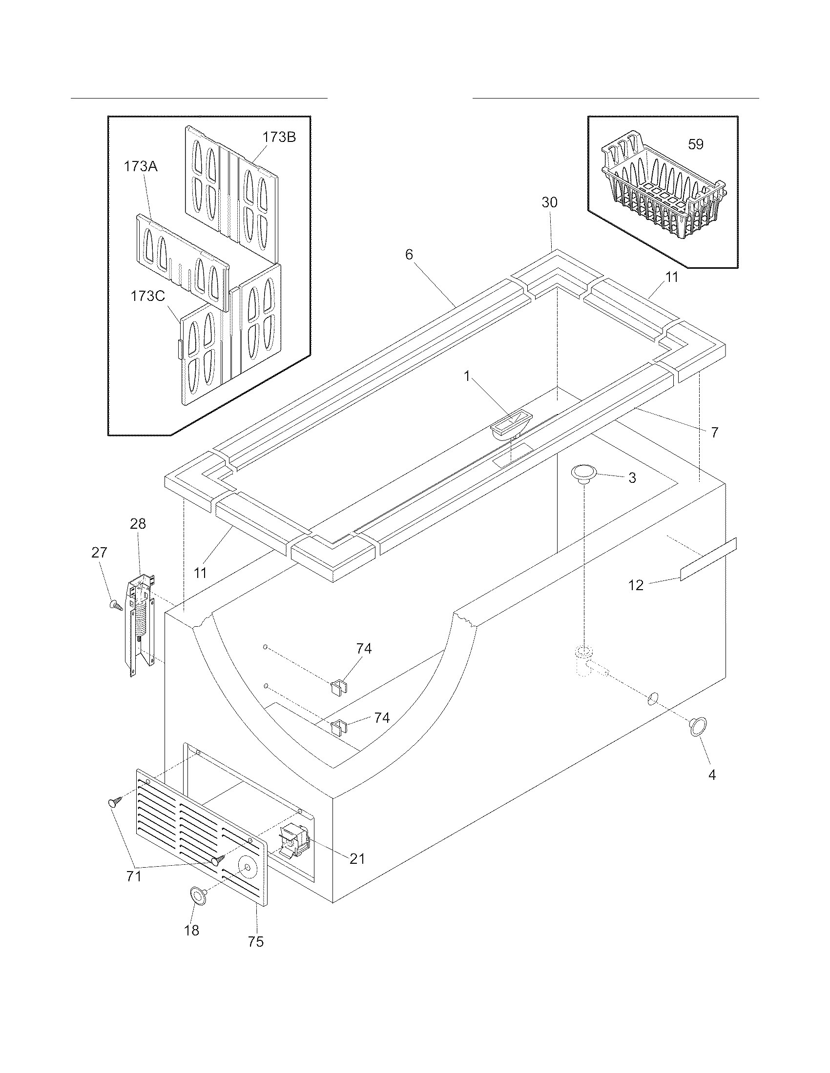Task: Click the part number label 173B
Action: (279, 137)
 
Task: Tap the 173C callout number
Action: (147, 296)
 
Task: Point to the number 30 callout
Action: (550, 202)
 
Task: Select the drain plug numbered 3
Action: (583, 474)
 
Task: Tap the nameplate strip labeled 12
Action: (708, 559)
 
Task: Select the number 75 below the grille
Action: (256, 941)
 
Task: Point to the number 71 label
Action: (134, 875)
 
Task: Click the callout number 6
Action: (409, 255)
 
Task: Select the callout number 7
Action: (714, 432)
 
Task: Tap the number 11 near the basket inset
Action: (672, 277)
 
